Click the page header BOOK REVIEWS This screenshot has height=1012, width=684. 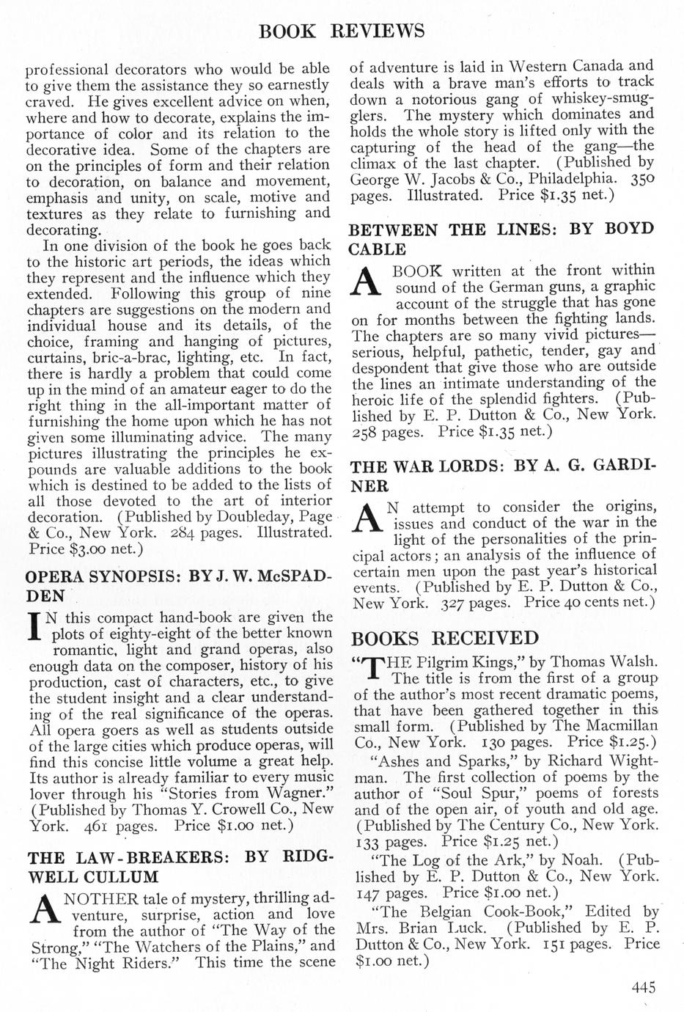click(x=342, y=31)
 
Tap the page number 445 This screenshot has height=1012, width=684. click(x=643, y=986)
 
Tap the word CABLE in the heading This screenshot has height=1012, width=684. click(x=378, y=249)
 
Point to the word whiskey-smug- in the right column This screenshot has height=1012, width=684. click(x=595, y=98)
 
